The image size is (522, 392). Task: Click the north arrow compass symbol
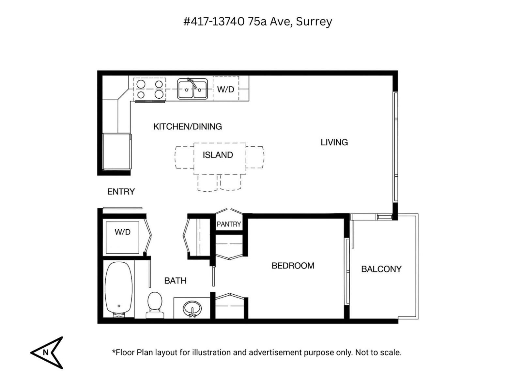(x=47, y=352)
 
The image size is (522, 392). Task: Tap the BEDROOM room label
(x=293, y=266)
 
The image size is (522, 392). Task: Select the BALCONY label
(x=381, y=269)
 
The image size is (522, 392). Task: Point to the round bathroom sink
(x=192, y=308)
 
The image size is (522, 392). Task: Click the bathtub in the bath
(x=119, y=289)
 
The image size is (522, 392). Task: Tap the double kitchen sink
(x=192, y=89)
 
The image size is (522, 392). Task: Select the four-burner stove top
(x=150, y=89)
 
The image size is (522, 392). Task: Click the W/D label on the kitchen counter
(x=225, y=89)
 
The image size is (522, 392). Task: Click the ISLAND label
(x=218, y=155)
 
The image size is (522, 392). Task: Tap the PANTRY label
(x=229, y=224)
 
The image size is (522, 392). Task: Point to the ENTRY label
(x=121, y=191)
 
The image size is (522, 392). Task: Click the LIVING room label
(x=334, y=142)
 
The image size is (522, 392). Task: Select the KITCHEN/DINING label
(x=187, y=126)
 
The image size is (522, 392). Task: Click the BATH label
(x=175, y=280)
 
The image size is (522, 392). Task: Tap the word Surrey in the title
(x=314, y=22)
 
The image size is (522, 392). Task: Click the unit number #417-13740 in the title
(x=214, y=22)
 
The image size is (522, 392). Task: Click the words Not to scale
(x=378, y=352)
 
